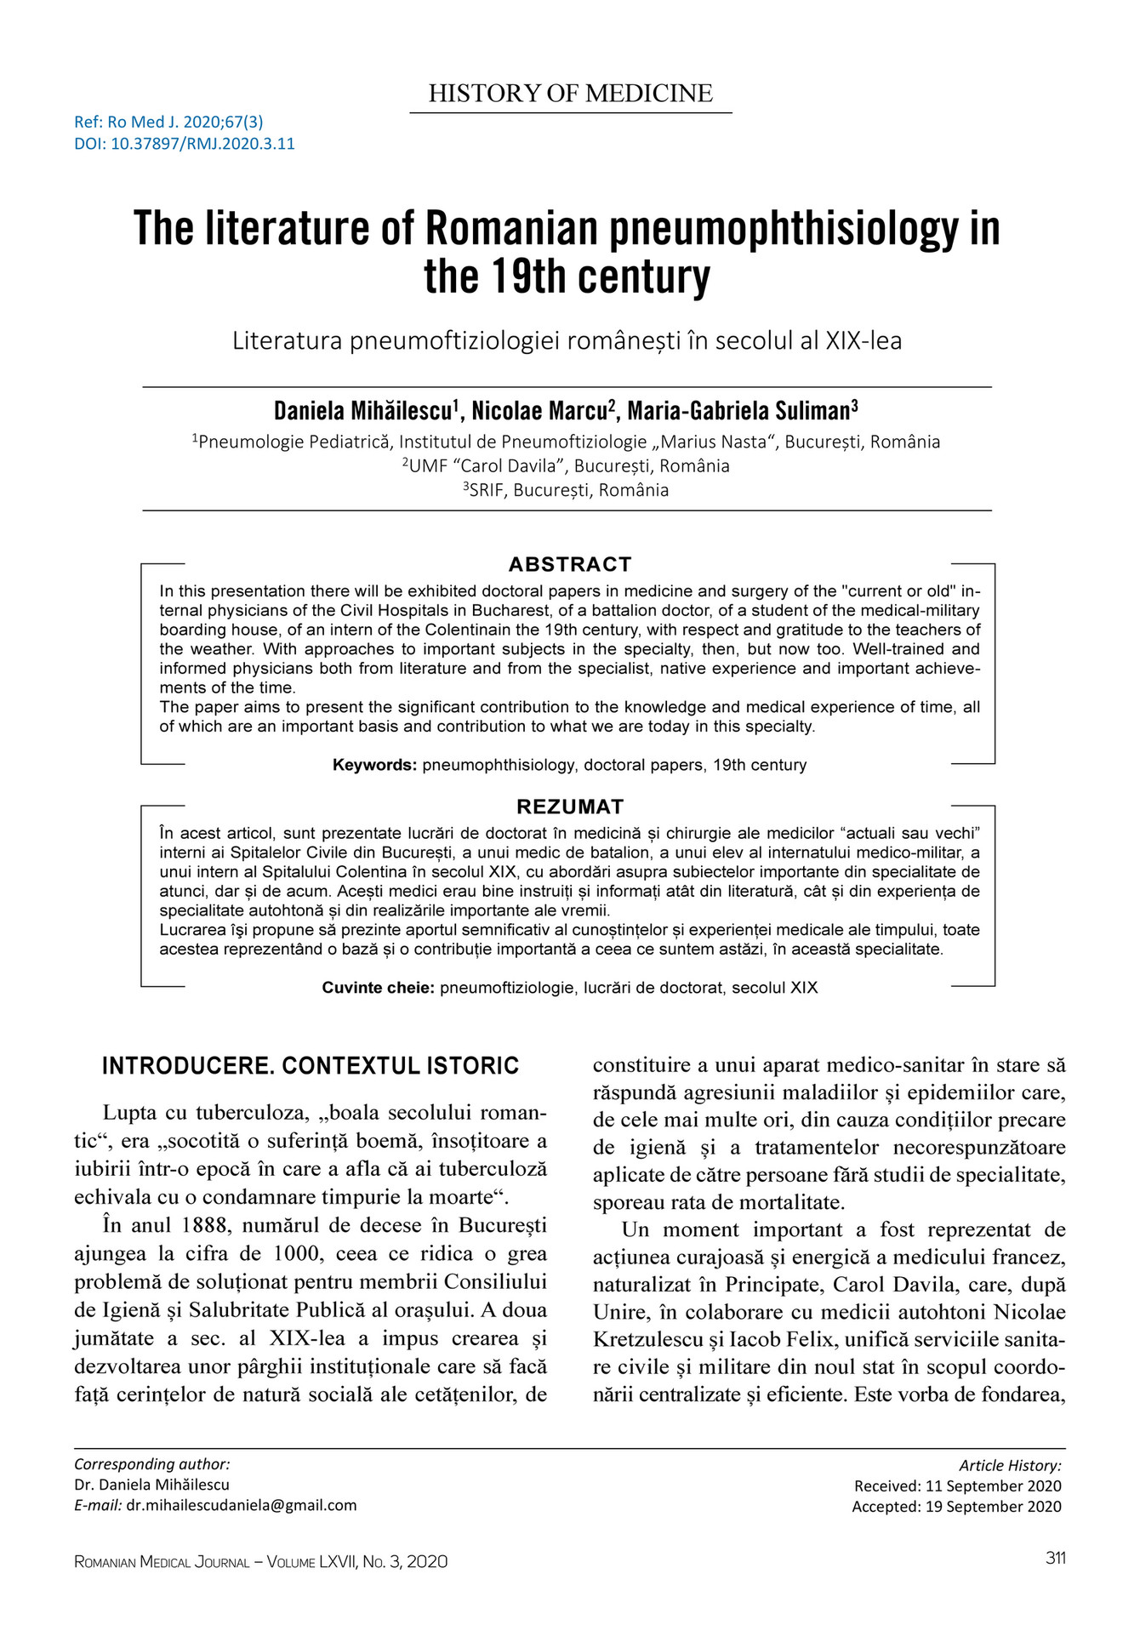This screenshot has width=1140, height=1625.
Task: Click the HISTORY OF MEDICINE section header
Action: [570, 94]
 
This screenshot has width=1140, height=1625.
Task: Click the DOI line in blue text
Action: [185, 144]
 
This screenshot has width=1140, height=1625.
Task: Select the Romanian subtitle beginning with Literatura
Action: [567, 340]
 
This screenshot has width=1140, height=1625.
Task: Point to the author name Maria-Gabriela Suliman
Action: [741, 412]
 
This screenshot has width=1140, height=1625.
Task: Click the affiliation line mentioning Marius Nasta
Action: [567, 442]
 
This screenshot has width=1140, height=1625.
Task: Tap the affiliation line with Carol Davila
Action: [567, 466]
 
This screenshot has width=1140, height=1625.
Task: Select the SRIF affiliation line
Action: [567, 490]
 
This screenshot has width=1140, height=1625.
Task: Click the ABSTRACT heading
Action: [570, 564]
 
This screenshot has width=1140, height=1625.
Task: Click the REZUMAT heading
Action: [570, 807]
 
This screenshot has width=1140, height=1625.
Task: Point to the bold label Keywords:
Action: [374, 765]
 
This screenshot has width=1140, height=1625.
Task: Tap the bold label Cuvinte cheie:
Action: [379, 988]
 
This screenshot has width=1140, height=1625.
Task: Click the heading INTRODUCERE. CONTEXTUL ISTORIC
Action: [311, 1066]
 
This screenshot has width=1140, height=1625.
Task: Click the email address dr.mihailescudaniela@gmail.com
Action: [242, 1505]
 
